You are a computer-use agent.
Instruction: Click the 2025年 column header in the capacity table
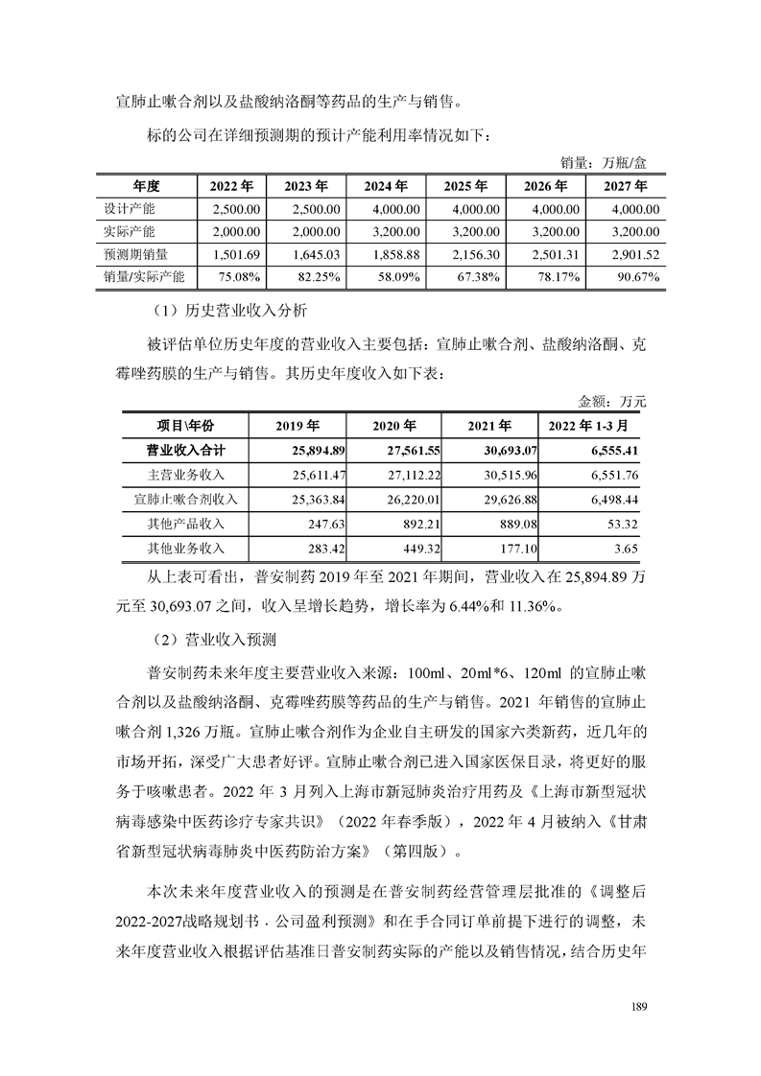coord(467,185)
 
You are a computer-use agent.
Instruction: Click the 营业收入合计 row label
coord(183,450)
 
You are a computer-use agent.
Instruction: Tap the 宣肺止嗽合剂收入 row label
coord(183,500)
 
